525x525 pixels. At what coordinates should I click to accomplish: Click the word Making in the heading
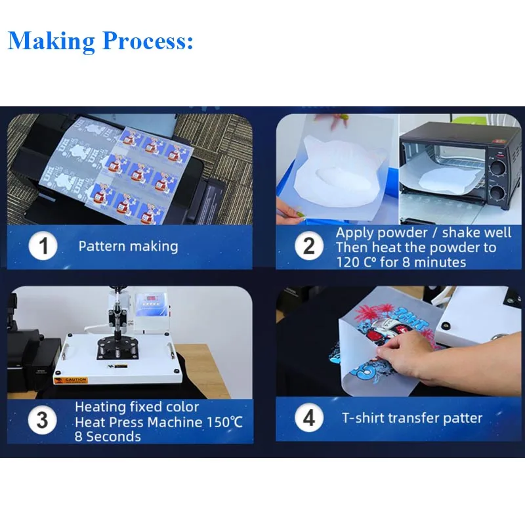51,41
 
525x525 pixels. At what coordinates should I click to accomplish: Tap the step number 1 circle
43,246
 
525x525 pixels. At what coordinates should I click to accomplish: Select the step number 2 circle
308,246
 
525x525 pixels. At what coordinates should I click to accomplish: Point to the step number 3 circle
42,420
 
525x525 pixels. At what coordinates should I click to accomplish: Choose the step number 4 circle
308,418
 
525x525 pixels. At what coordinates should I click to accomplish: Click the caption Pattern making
128,247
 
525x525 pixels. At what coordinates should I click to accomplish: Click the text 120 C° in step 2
356,262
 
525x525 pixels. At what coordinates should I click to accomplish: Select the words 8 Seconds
108,436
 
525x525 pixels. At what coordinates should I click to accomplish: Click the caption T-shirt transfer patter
412,418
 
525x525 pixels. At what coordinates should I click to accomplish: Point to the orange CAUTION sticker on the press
71,381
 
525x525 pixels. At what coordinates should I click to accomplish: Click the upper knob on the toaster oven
497,168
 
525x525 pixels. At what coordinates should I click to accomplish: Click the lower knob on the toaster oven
497,194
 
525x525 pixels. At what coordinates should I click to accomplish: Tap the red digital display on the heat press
152,298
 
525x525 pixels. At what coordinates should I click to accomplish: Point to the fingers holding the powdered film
289,212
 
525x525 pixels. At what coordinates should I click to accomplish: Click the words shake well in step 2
476,233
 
